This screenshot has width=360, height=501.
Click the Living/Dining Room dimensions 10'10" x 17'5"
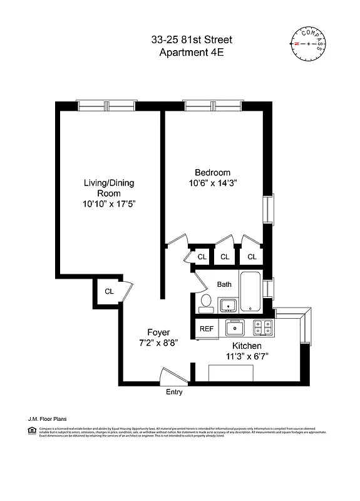tap(110, 204)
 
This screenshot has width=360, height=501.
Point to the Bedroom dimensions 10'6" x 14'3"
tap(212, 183)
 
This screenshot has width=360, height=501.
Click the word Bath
tap(224, 284)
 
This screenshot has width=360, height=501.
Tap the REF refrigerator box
tap(205, 329)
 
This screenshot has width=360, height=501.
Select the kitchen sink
tap(236, 328)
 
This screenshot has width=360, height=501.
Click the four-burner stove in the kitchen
tap(262, 328)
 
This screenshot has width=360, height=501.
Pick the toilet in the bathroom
tap(205, 302)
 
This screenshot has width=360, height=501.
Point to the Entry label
tap(174, 393)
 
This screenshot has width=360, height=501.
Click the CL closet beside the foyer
tap(109, 291)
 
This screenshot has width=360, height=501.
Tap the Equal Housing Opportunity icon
tap(31, 430)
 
